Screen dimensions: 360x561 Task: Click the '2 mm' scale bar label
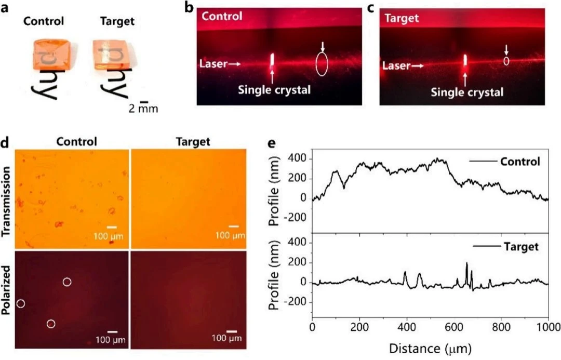(143, 109)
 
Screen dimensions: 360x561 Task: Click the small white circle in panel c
(506, 61)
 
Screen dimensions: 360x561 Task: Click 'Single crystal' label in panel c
(466, 92)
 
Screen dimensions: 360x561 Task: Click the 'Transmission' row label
(7, 197)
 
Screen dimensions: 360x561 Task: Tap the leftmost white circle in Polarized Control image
(21, 303)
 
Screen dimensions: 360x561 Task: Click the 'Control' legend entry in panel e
(520, 162)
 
